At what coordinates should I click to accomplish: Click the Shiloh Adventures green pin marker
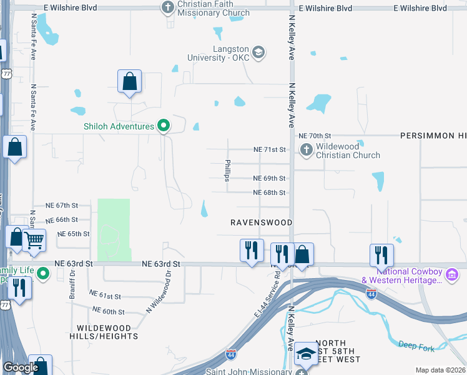[164, 126]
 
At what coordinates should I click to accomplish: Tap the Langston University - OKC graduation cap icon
[259, 53]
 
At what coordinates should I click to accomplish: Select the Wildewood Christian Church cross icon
[306, 150]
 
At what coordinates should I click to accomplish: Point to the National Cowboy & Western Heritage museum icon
[453, 275]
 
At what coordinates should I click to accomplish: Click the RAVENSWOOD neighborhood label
[261, 222]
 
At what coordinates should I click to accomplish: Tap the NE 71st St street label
[269, 150]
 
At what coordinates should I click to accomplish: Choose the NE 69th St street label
[269, 179]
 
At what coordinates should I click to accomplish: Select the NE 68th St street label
[269, 193]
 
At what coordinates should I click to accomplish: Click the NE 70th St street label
[314, 136]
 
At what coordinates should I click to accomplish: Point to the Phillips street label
[228, 171]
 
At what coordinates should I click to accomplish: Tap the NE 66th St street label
[75, 220]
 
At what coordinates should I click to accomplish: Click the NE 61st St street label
[104, 295]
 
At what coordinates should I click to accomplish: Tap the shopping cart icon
[34, 239]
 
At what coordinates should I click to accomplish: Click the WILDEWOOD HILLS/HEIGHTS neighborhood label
[107, 332]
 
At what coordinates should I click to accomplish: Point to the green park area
[114, 229]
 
